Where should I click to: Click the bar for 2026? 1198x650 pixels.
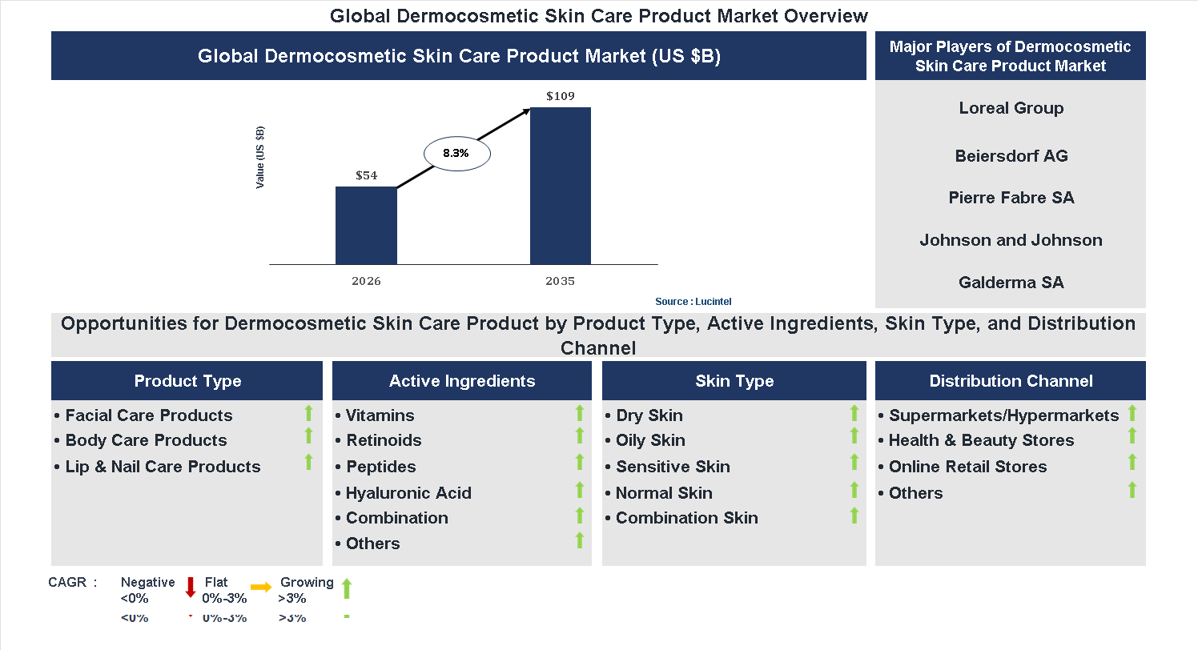[366, 225]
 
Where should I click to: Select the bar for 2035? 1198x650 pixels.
[561, 186]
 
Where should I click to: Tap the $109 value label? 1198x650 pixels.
[561, 96]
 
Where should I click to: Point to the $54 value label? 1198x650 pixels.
[366, 175]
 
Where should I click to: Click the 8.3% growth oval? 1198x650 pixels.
[456, 153]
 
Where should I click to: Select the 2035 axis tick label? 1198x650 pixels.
[561, 281]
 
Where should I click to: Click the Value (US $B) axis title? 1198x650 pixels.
[260, 158]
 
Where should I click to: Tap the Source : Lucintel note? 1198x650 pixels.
[693, 302]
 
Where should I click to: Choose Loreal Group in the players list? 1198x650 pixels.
[1011, 108]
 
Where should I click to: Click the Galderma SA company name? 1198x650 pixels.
[1011, 283]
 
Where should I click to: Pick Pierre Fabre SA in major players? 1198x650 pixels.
[1011, 198]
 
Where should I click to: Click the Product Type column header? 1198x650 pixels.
[187, 381]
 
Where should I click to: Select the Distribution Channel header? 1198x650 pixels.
[1011, 381]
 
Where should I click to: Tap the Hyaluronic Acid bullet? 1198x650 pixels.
[408, 493]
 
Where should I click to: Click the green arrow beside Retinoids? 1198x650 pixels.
[580, 436]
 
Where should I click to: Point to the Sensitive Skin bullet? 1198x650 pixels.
[673, 467]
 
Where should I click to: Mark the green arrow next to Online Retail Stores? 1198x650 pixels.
[1132, 463]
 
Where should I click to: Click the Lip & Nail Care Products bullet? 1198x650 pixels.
[163, 467]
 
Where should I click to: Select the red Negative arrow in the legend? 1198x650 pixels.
[191, 587]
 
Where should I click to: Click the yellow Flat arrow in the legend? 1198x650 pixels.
[261, 587]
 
